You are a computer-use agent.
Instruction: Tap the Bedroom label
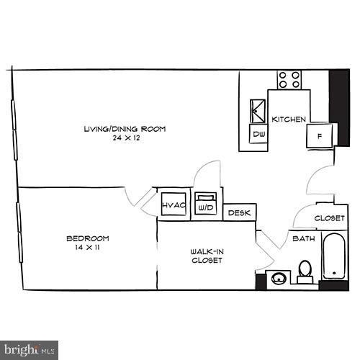[88, 238]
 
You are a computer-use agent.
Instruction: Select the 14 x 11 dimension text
[87, 248]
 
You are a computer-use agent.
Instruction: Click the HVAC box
[174, 205]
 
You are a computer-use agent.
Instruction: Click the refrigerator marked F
[318, 135]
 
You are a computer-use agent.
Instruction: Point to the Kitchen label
[289, 119]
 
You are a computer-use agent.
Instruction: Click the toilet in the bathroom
[305, 270]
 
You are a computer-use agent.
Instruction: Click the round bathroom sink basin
[279, 276]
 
